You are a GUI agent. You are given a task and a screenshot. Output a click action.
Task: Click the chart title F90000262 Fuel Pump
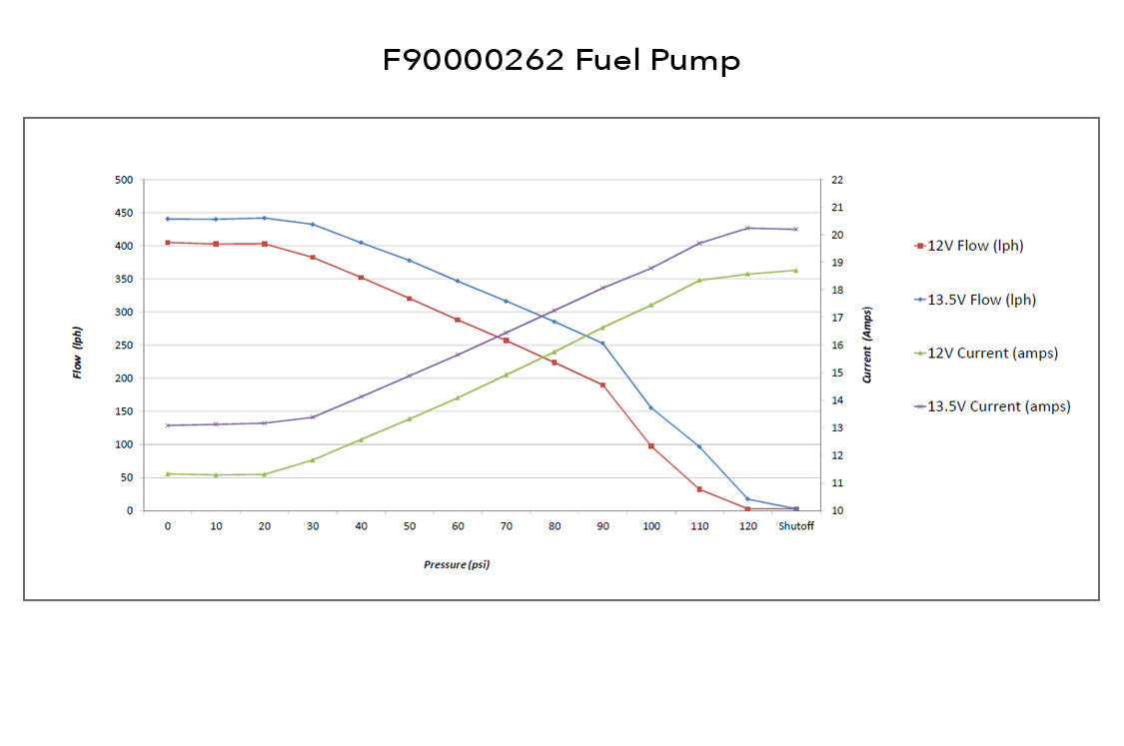click(x=562, y=61)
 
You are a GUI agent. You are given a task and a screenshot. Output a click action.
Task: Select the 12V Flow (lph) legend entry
click(x=975, y=246)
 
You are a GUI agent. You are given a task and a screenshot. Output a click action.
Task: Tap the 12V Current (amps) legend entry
click(x=992, y=353)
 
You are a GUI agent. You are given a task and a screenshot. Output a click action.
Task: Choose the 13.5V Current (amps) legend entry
click(x=998, y=406)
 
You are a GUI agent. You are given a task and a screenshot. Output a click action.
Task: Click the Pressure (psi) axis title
click(x=457, y=565)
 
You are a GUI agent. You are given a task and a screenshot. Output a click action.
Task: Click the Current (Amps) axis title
click(x=867, y=345)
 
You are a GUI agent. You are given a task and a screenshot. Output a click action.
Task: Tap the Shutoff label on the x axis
click(x=796, y=527)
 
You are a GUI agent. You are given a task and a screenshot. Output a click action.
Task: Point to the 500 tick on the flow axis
click(x=123, y=180)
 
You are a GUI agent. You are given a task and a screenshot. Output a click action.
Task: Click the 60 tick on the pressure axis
click(x=458, y=527)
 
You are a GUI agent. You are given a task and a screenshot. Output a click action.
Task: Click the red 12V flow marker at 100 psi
click(x=651, y=446)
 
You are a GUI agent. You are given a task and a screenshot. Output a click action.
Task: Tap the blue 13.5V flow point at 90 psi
click(x=602, y=344)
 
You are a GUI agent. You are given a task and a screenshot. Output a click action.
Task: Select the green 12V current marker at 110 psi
click(x=699, y=281)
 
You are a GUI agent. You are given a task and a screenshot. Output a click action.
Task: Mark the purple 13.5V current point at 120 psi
click(x=747, y=229)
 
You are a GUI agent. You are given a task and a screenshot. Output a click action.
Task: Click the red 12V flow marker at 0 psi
click(x=168, y=243)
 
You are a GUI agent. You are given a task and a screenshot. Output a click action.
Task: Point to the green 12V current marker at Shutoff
click(x=795, y=270)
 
